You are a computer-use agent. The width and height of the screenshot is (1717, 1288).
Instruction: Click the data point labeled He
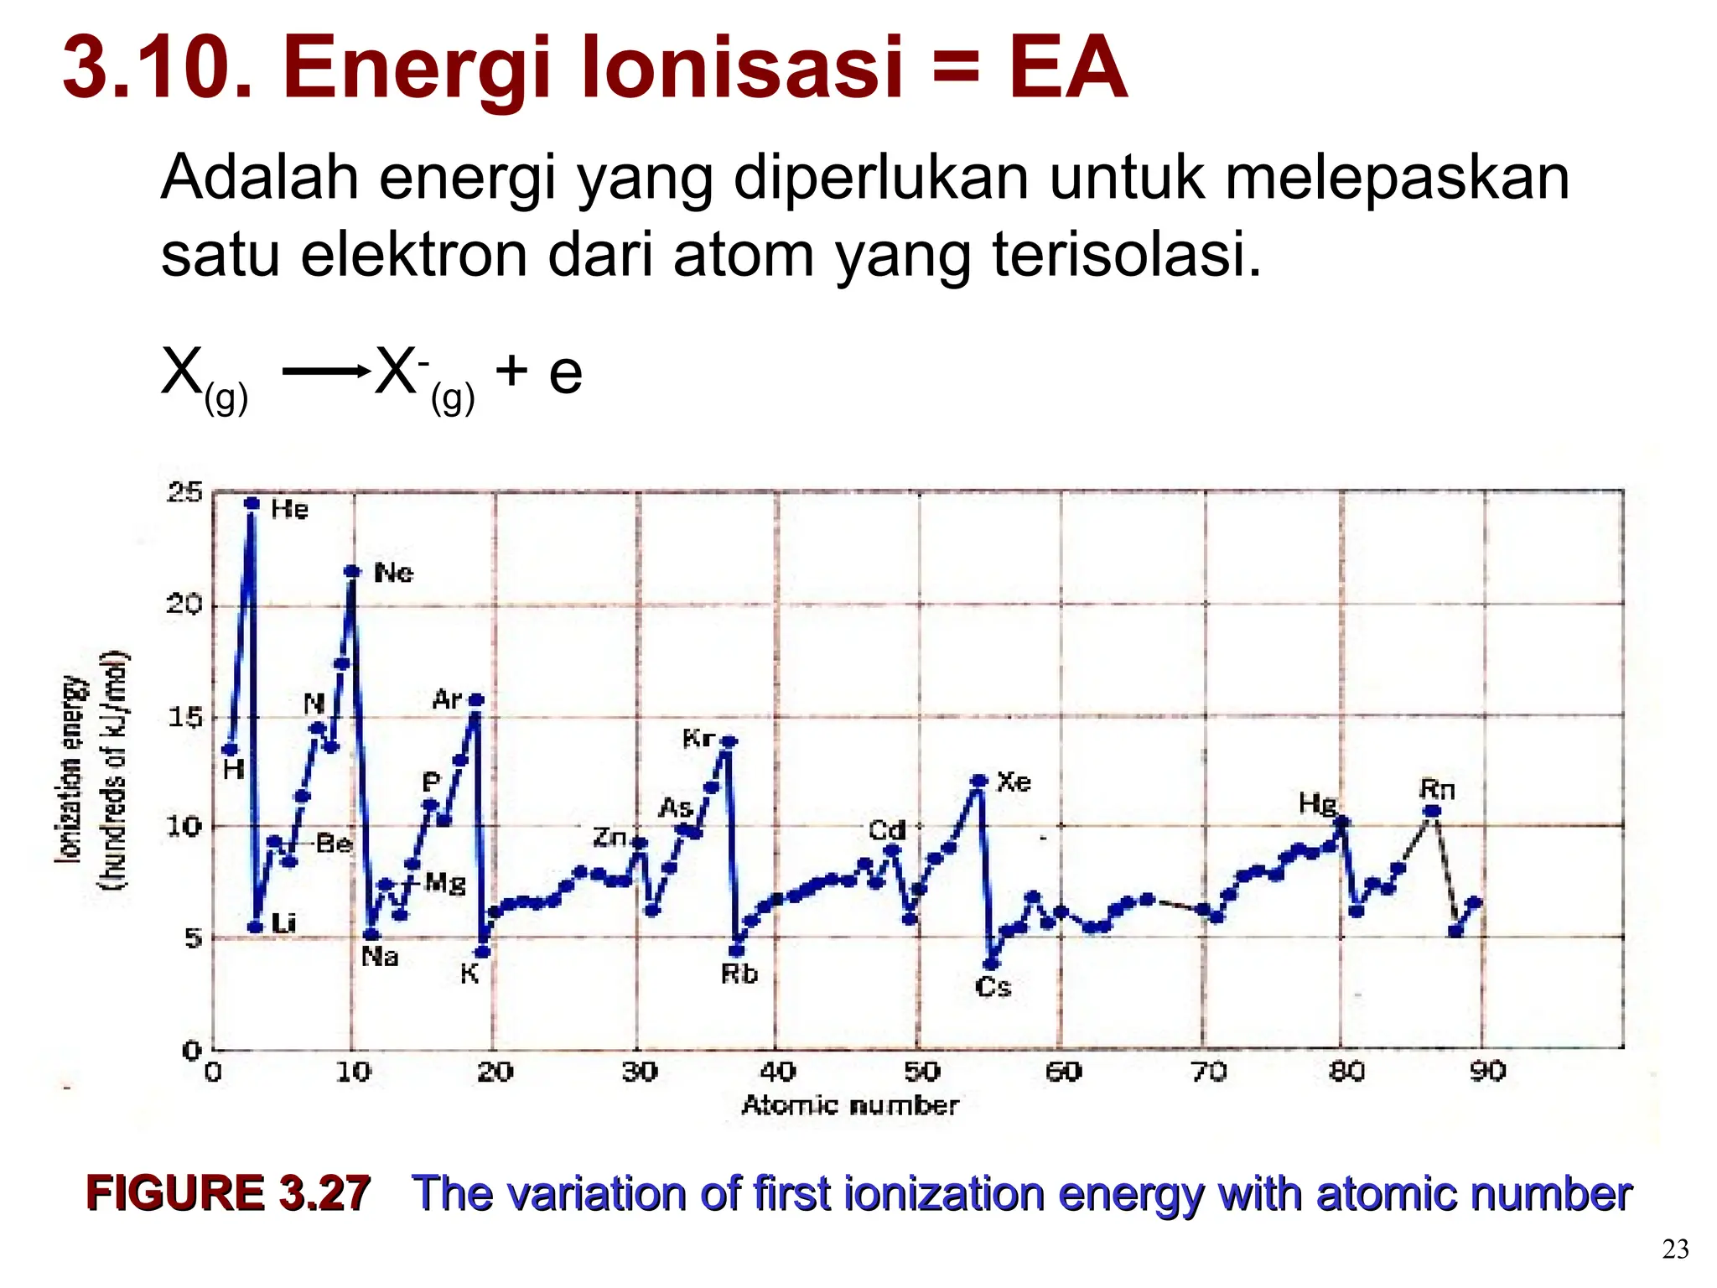(252, 503)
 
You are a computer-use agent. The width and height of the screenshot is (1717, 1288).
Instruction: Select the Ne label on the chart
(393, 574)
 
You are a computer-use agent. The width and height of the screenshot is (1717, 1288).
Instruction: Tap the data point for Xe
(978, 781)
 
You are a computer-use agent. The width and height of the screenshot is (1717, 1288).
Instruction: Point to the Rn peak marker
(1432, 811)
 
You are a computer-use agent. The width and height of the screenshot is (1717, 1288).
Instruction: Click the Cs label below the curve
(993, 988)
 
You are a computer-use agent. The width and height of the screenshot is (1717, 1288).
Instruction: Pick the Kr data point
(729, 741)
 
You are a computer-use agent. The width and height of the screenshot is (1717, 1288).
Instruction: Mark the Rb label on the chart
(739, 974)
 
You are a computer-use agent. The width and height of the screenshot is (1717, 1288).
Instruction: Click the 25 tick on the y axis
(184, 492)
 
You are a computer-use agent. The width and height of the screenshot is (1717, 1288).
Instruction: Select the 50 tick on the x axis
(921, 1072)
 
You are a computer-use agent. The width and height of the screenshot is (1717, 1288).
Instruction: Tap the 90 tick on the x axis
(1487, 1072)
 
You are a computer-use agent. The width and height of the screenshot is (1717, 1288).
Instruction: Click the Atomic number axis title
(850, 1106)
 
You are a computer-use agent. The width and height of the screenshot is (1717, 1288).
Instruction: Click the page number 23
(1675, 1250)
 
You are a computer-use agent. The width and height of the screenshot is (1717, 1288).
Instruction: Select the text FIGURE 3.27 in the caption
(228, 1193)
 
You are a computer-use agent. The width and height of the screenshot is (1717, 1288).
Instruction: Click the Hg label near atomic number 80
(1317, 804)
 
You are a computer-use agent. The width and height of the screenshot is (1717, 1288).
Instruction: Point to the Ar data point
(476, 700)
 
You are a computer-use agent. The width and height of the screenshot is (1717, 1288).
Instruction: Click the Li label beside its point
(284, 924)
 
